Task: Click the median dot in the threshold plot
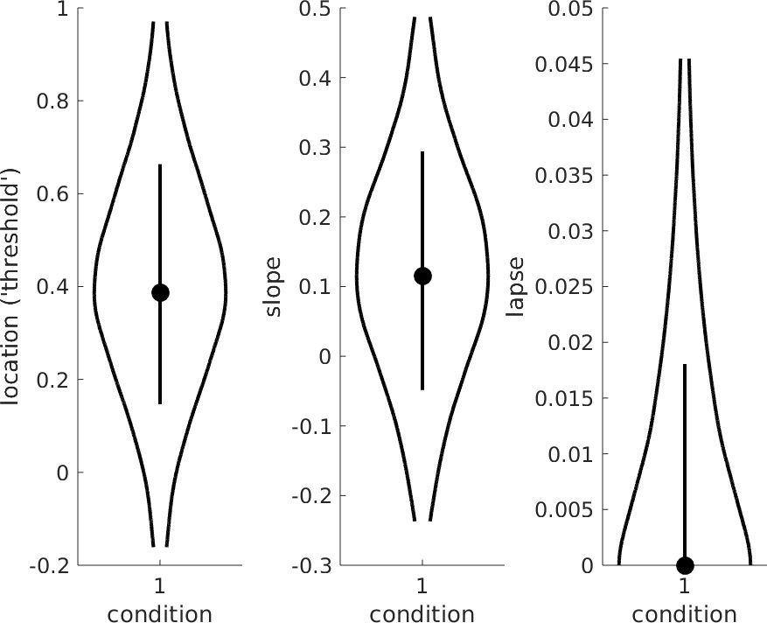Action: (160, 292)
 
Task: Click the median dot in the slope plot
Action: (422, 276)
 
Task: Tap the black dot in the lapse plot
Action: (685, 565)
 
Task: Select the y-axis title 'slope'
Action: (275, 286)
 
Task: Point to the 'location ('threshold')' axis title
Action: (13, 286)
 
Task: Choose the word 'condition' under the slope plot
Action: (422, 613)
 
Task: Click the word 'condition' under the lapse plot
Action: (685, 613)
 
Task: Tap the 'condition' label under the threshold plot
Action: (160, 613)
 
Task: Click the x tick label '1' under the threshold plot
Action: (160, 584)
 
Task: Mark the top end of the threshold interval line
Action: (160, 164)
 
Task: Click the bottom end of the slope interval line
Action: (422, 388)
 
